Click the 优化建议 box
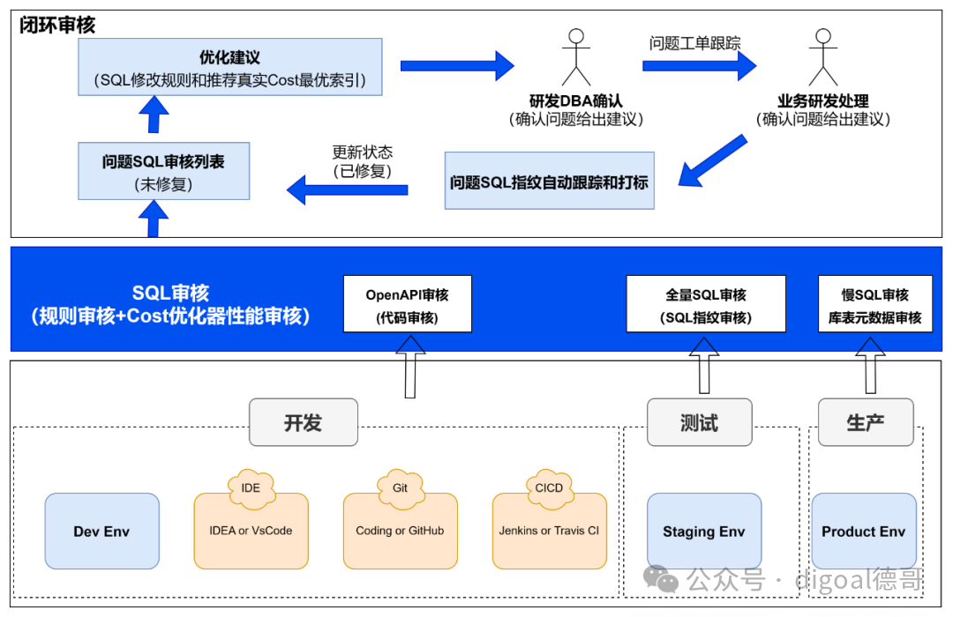229,67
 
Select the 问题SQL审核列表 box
163,171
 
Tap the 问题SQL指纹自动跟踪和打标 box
550,181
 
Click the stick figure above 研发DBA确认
576,57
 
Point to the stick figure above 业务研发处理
823,57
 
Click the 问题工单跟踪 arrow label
694,43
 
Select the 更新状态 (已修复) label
363,161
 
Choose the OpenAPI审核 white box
407,303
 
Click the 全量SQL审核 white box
706,303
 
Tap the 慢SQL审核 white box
874,303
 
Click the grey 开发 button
304,422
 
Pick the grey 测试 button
700,422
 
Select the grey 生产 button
866,422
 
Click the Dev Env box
102,531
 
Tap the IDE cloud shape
251,488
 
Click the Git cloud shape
400,488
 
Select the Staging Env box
704,531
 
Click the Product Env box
864,531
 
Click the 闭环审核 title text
57,25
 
